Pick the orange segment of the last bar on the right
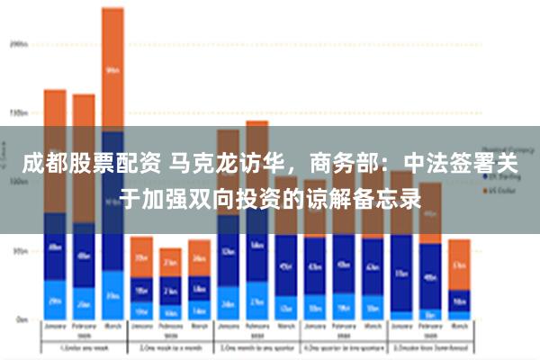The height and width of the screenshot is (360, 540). coord(459,264)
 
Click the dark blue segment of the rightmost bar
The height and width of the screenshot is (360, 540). coord(459,300)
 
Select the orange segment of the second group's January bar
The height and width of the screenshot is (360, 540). coord(141,256)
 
